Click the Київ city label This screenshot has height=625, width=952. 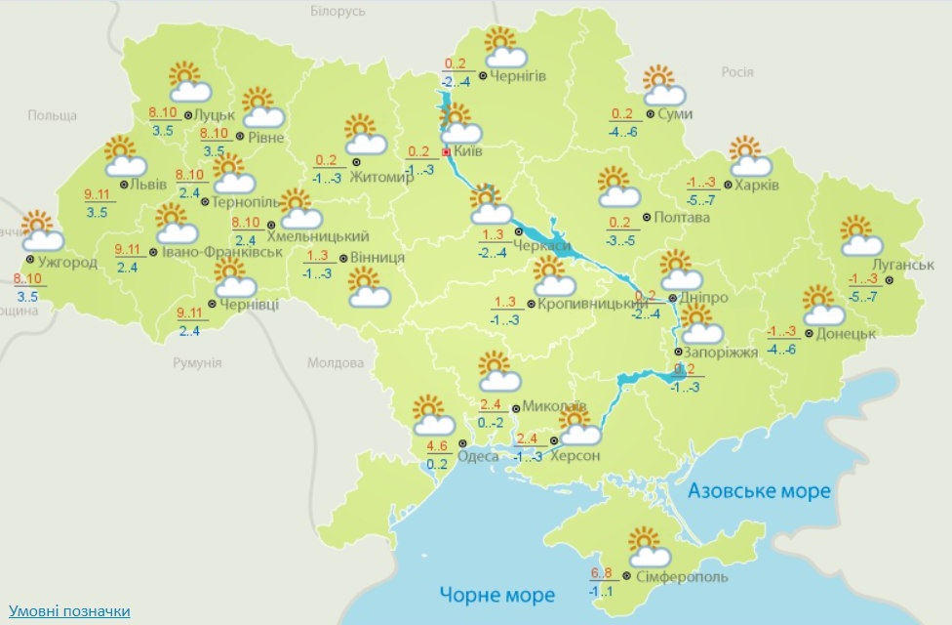(469, 153)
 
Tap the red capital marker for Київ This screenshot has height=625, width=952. (447, 153)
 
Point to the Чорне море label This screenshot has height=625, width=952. (496, 594)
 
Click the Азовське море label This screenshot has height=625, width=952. (759, 490)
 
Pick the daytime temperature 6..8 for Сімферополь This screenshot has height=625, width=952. (601, 573)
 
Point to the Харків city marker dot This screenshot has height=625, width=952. (729, 186)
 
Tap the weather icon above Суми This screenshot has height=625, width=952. (663, 85)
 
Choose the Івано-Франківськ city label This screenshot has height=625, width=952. (222, 252)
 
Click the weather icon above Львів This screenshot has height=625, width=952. (124, 156)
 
